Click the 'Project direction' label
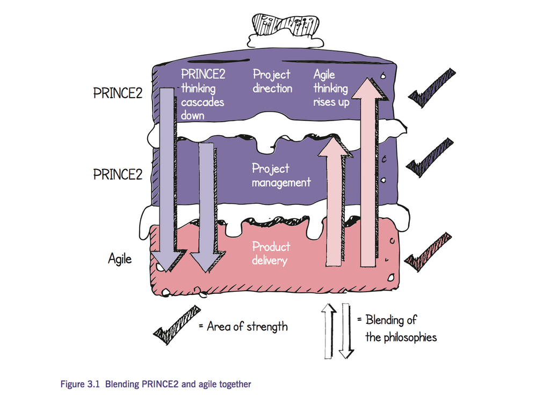coord(272,82)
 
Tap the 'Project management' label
coord(281,175)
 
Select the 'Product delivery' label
coord(271,254)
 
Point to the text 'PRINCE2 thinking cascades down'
coord(202,94)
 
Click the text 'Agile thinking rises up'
coord(331,88)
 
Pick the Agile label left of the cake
coord(120,260)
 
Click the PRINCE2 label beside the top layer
coord(118,93)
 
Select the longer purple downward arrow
coord(167,177)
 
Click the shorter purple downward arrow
coord(206,206)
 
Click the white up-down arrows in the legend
coord(337,330)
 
